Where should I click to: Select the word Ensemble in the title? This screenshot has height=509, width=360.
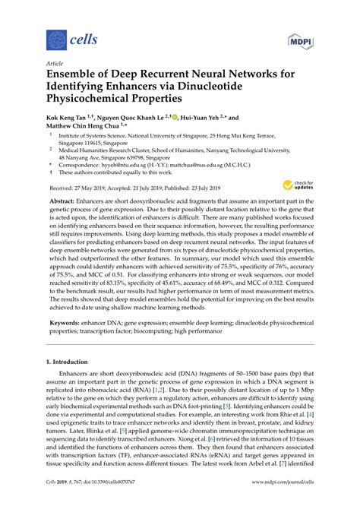pos(77,77)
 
